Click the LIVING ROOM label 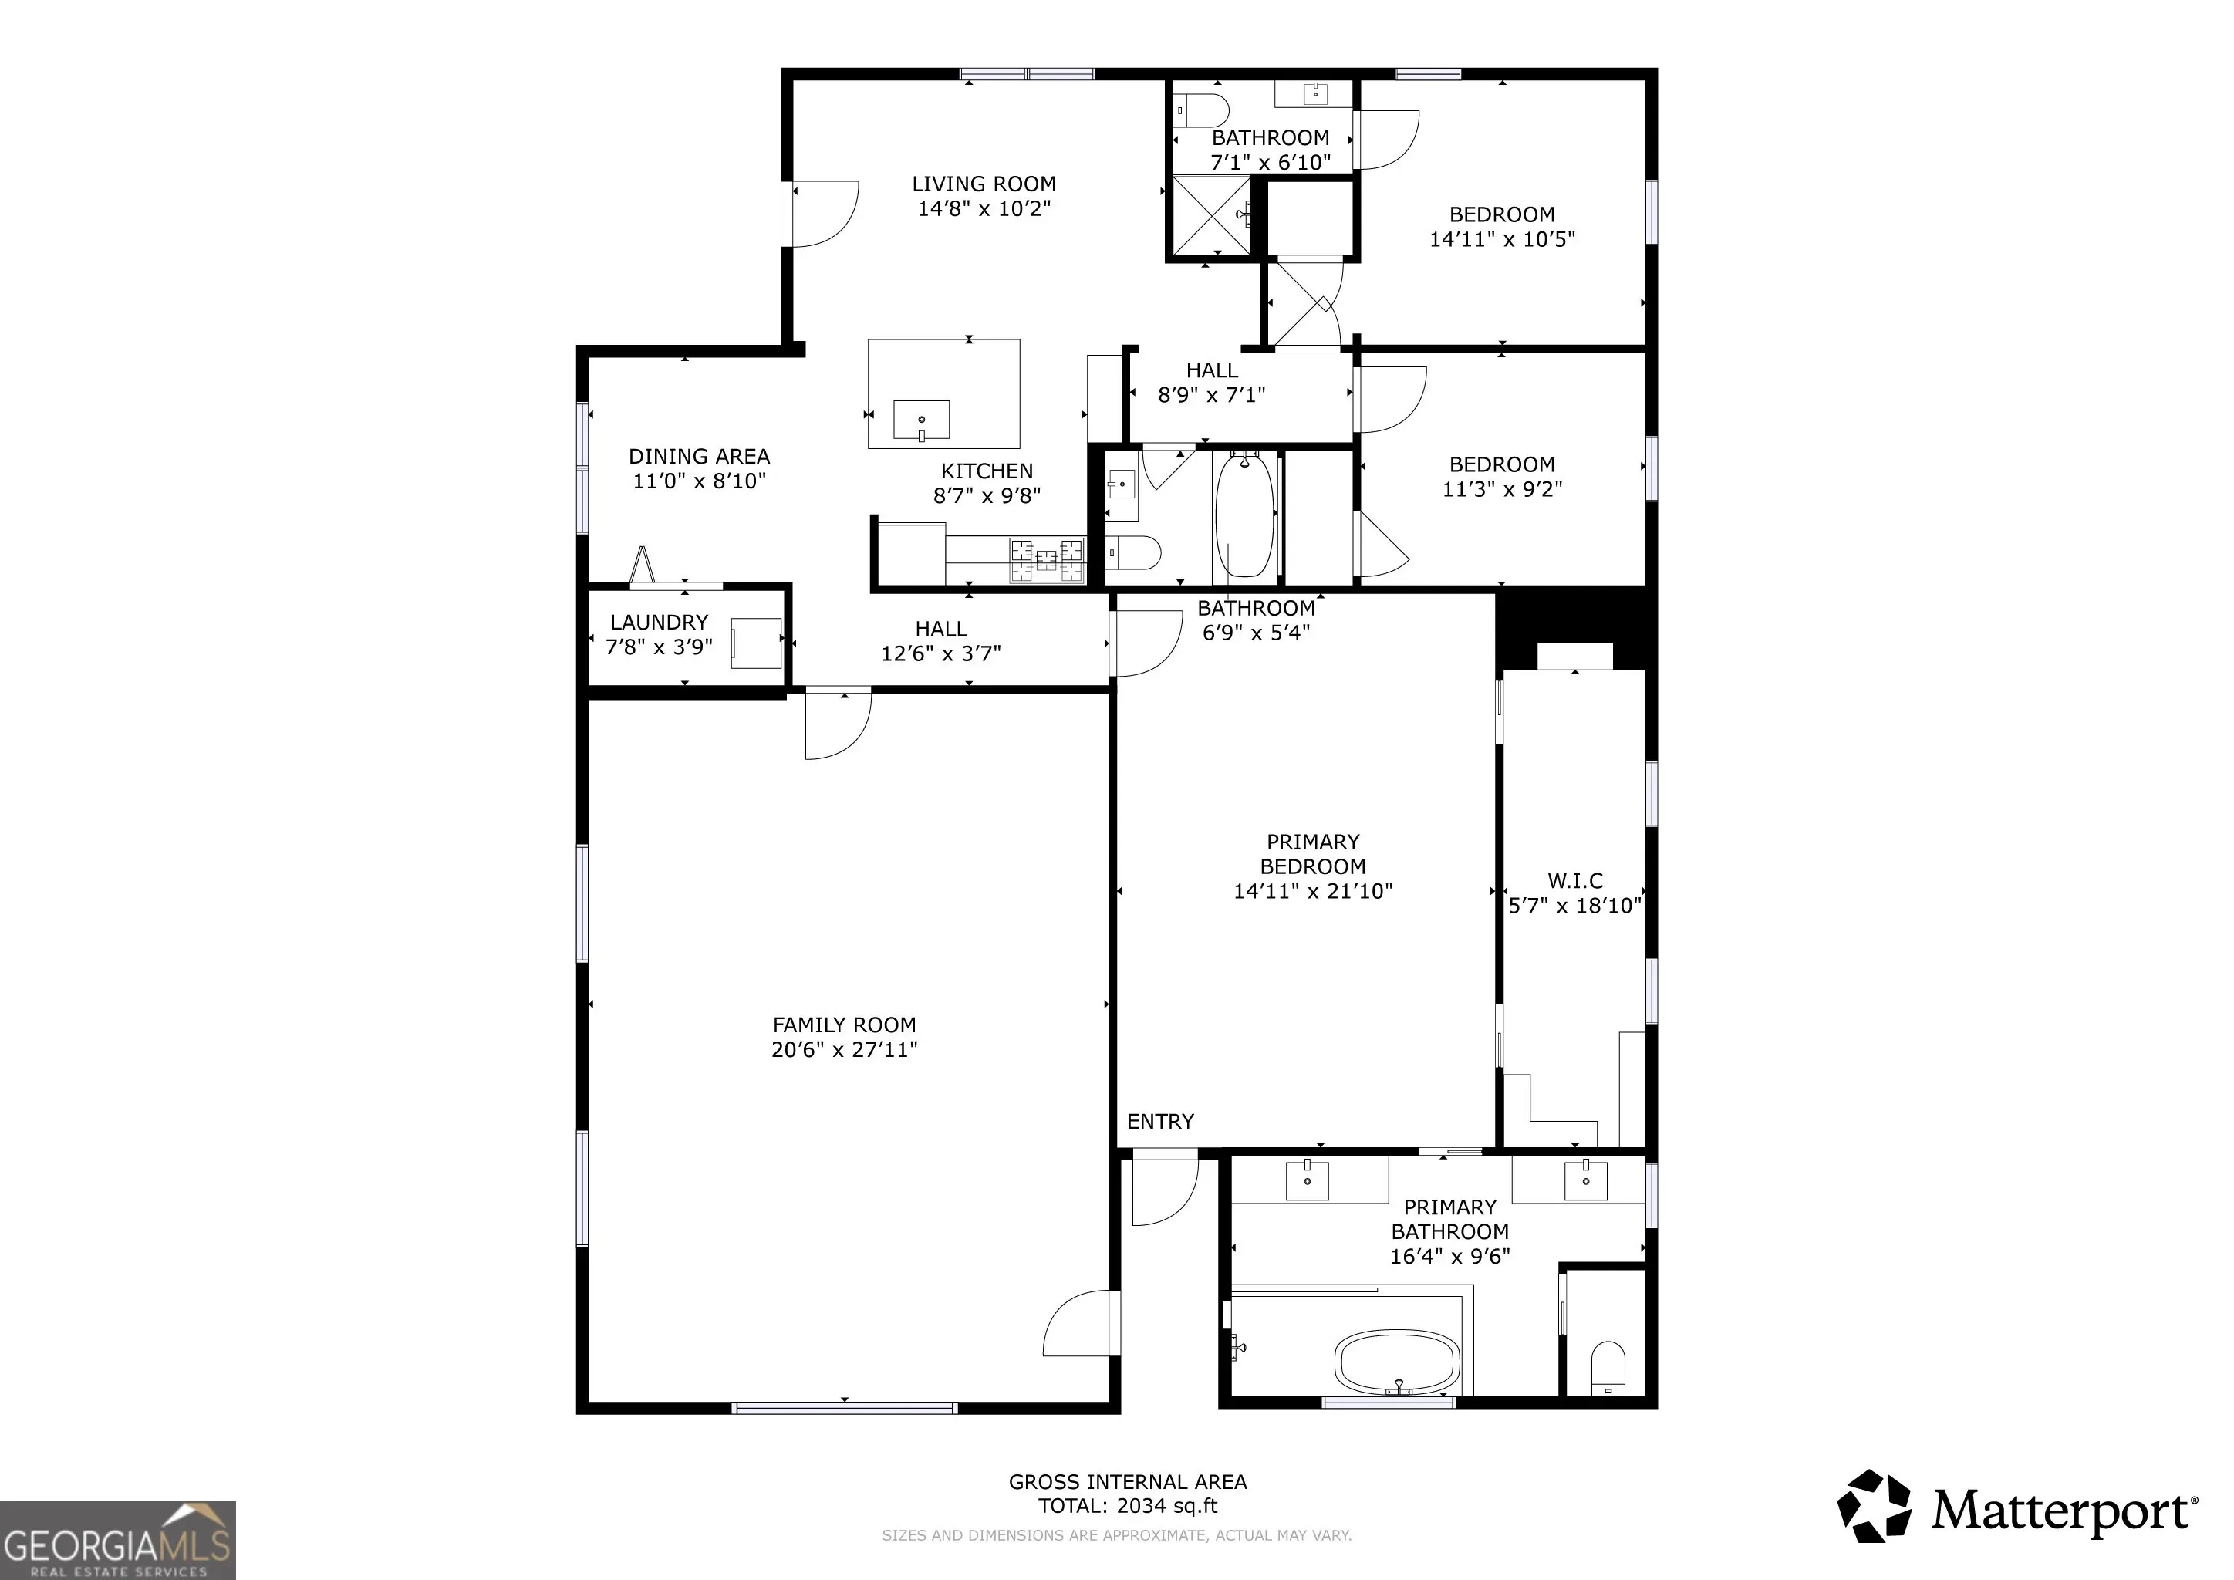point(984,184)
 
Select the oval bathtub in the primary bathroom point(1397,1362)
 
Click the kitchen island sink point(921,420)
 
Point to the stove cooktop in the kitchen point(1047,560)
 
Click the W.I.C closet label point(1575,882)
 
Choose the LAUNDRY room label point(659,623)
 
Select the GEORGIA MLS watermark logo point(118,1540)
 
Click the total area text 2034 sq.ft point(1166,1506)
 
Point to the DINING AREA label point(699,456)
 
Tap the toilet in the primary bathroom point(1608,1369)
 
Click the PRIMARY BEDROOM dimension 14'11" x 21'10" point(1313,891)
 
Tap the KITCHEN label point(987,471)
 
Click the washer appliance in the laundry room point(757,643)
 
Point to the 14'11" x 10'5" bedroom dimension point(1502,239)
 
